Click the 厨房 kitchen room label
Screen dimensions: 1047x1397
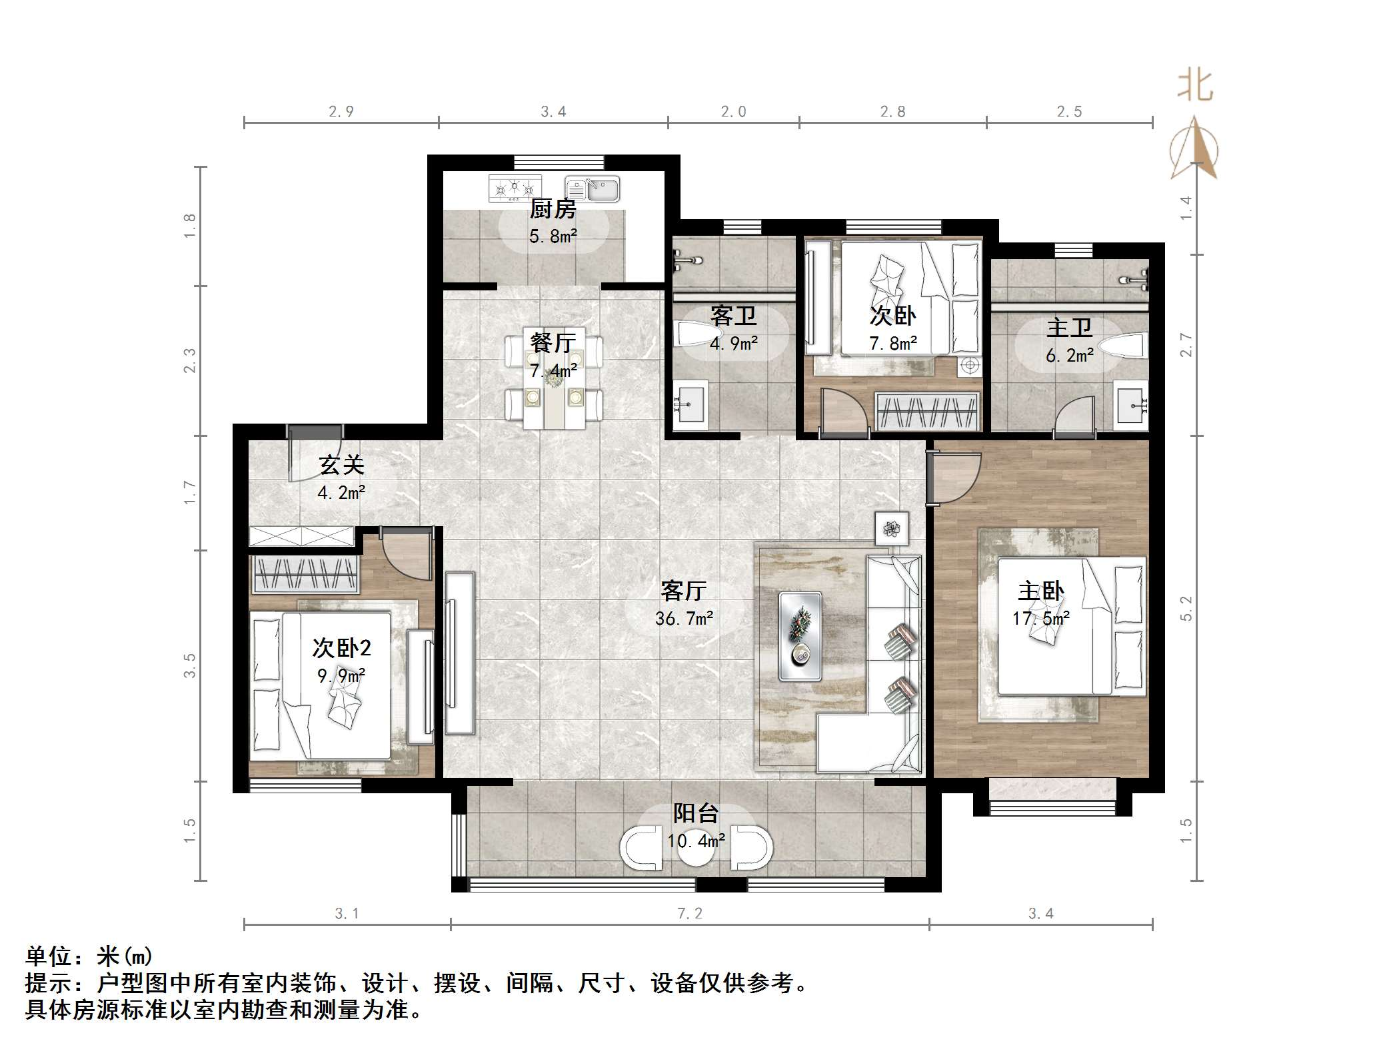pyautogui.click(x=553, y=209)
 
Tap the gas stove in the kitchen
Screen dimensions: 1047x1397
pyautogui.click(x=515, y=188)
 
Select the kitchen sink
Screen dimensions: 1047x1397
pyautogui.click(x=593, y=188)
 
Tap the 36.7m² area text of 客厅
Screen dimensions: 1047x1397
pyautogui.click(x=684, y=619)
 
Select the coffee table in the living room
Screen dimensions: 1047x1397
pyautogui.click(x=800, y=636)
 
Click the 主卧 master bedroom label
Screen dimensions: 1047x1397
pyautogui.click(x=1040, y=591)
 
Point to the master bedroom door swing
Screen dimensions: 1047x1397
pyautogui.click(x=954, y=478)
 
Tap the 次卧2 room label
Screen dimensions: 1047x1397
pyautogui.click(x=341, y=647)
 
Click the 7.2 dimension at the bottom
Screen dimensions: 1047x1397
pyautogui.click(x=690, y=914)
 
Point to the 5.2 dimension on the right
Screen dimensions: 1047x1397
pyautogui.click(x=1186, y=607)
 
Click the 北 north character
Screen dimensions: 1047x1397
pyautogui.click(x=1195, y=86)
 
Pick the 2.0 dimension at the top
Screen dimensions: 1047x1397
pyautogui.click(x=733, y=112)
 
